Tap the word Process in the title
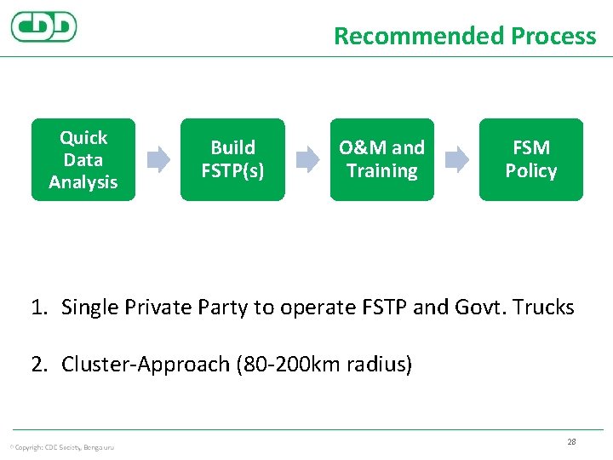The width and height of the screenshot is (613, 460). click(553, 36)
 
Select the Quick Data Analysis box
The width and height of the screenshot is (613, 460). click(83, 160)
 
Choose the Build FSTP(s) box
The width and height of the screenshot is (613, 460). click(232, 160)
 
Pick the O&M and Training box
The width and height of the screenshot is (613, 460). click(381, 160)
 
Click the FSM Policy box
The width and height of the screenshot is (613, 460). click(530, 160)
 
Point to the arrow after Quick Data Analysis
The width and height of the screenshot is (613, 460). click(158, 159)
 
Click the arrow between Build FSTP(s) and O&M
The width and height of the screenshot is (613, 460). click(307, 159)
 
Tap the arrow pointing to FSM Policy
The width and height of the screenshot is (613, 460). click(457, 159)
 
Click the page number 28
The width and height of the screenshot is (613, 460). click(571, 441)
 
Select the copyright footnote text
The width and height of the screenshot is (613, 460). click(61, 446)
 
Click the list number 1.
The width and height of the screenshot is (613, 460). click(38, 308)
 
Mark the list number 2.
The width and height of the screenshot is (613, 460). click(38, 365)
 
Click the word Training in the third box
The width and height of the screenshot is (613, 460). click(382, 171)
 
